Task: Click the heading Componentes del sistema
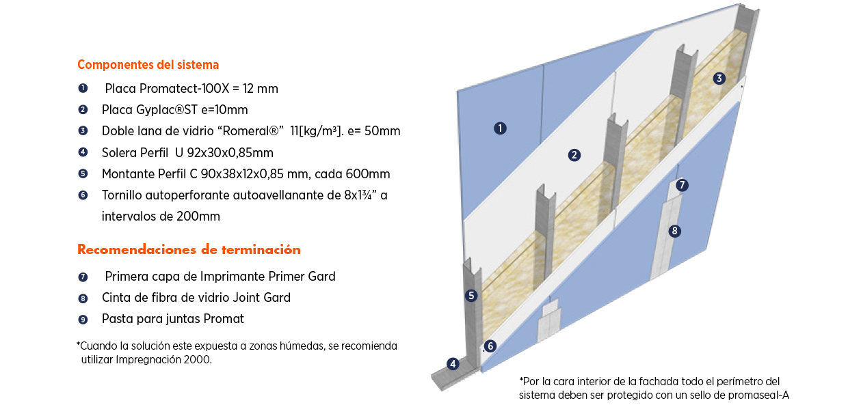148,65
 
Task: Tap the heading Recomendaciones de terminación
189,249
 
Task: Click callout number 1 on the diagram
500,128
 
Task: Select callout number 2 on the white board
574,155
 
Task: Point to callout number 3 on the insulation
719,78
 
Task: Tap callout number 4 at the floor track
452,364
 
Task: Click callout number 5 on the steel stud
471,296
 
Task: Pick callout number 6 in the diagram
490,346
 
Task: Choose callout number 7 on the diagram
682,185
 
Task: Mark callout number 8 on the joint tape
674,231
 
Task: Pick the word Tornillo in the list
123,195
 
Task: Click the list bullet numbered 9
83,319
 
